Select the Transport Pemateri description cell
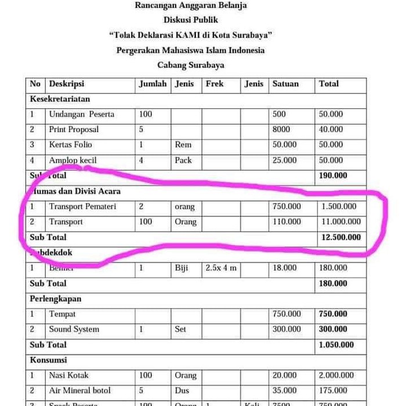click(x=82, y=206)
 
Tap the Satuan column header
click(x=285, y=84)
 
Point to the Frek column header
click(x=215, y=84)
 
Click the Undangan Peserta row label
click(x=81, y=114)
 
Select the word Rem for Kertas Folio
click(x=183, y=144)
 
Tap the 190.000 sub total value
click(x=333, y=175)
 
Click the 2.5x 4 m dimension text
click(x=221, y=268)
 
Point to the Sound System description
click(x=74, y=329)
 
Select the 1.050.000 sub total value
click(x=336, y=345)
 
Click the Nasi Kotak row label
click(x=69, y=375)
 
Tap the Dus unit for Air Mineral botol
click(x=182, y=390)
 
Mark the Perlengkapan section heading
click(x=56, y=299)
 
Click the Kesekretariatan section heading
click(x=60, y=99)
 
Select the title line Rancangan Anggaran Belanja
click(x=191, y=5)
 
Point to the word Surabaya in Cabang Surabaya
click(x=205, y=65)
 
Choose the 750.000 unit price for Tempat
click(x=287, y=314)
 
